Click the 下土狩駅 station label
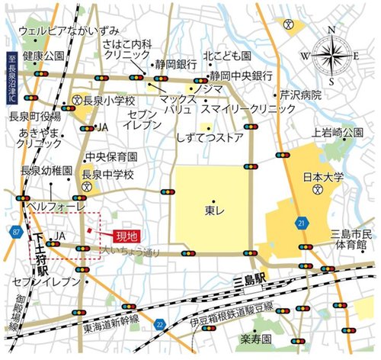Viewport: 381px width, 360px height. point(40,256)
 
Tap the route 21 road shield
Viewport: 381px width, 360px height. point(303,222)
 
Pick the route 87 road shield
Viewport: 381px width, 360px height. point(16,231)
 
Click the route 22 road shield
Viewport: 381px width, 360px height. point(159,324)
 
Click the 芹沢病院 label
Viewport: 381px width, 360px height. point(301,96)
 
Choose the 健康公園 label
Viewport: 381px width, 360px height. point(43,56)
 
